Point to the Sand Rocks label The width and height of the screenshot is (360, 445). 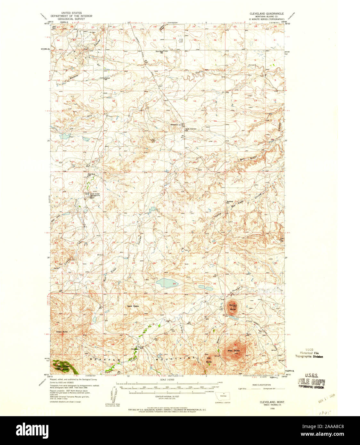tap(133, 306)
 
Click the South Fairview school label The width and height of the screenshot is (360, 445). tap(195, 129)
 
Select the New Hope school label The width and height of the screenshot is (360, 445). tap(160, 52)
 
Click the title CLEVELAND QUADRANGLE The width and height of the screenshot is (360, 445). tap(266, 14)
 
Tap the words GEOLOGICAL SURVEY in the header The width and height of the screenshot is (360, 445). tap(71, 19)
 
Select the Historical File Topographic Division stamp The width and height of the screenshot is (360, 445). tap(309, 354)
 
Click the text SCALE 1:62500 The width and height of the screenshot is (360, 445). tap(168, 380)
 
